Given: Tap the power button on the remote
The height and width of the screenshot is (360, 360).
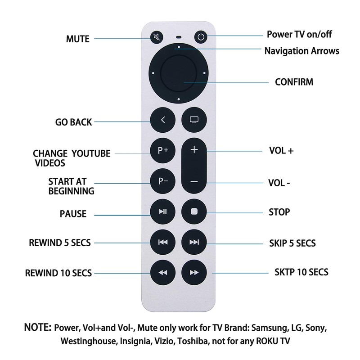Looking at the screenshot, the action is point(200,37).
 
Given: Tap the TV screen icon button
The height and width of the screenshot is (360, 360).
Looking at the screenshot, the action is point(194,120).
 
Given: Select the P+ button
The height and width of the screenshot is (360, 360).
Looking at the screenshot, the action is point(163,151).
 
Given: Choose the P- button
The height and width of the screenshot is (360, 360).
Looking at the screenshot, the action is point(163,181).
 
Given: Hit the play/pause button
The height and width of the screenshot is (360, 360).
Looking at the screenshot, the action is point(163,211).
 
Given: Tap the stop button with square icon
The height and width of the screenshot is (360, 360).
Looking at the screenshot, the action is point(194,211).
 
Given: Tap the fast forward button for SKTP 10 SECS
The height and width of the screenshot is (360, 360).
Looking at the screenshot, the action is point(194,273).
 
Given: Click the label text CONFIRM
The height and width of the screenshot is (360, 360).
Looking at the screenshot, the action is point(294,82).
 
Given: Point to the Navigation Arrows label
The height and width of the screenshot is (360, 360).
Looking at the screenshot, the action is point(301,50).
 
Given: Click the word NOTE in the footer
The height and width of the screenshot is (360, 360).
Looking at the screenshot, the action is point(37,326).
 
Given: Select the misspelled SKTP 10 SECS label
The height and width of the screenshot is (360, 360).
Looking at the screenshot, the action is point(301,272).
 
